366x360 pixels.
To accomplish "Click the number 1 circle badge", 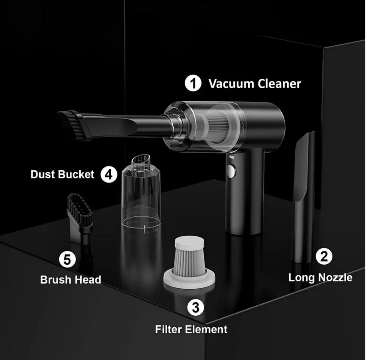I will pos(193,84).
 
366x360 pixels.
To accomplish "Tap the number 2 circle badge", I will pos(324,256).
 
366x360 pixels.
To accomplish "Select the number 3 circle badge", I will pos(196,307).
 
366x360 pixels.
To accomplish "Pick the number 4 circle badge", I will pos(109,175).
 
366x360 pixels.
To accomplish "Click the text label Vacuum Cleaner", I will pos(255,84).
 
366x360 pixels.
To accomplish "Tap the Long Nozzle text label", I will pos(320,277).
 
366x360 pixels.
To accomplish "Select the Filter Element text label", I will pos(191,329).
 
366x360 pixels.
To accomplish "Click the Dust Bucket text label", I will pos(62,174).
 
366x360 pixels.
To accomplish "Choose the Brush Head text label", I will pos(70,279).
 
